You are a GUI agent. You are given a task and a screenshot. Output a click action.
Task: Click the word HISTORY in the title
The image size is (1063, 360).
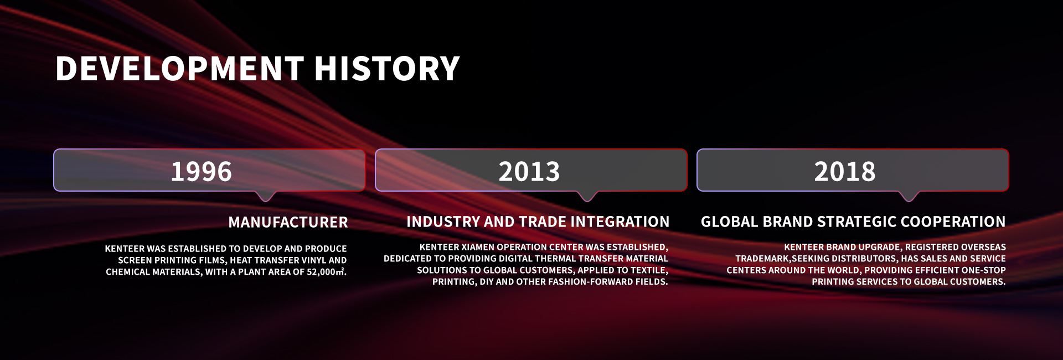click(x=387, y=68)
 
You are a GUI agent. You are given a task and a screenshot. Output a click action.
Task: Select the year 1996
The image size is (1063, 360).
click(x=201, y=171)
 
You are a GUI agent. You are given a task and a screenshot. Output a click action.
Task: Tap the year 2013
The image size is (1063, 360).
click(x=529, y=171)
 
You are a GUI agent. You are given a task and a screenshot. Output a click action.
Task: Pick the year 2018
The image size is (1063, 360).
click(x=845, y=171)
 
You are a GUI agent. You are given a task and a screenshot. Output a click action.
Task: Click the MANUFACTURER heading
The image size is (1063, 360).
click(x=288, y=222)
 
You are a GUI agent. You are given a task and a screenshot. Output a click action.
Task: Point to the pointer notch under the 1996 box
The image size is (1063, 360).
click(x=266, y=197)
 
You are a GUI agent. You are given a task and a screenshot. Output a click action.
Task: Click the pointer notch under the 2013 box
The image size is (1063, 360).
click(x=587, y=197)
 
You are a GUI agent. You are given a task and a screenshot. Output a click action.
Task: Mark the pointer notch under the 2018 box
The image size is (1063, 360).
click(x=909, y=197)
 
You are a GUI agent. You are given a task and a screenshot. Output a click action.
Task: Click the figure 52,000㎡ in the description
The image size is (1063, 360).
click(x=326, y=271)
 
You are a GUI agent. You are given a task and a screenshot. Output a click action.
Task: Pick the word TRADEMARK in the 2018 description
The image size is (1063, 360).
click(x=763, y=259)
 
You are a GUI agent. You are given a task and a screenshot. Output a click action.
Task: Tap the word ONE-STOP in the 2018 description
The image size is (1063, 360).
click(x=984, y=270)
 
